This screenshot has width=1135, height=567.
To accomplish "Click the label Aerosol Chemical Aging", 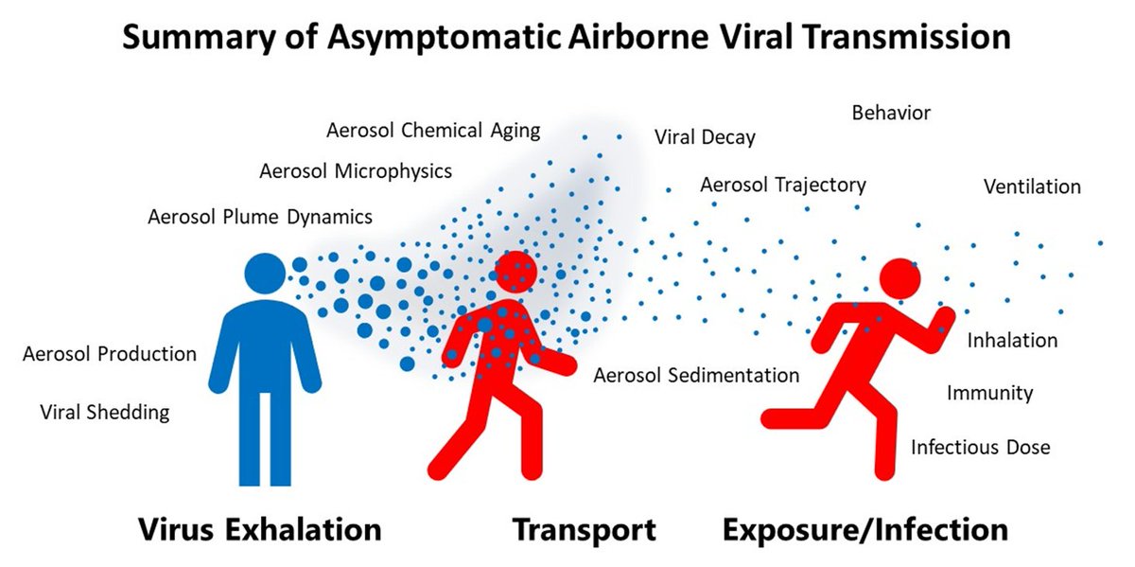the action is pos(433,131).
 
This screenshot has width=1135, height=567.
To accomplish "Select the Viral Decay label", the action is pos(705,137).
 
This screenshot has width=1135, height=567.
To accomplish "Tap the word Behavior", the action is pos(891,114).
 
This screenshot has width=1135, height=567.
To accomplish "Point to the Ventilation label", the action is pos(1032,186).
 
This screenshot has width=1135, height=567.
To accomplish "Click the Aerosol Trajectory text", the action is pos(782,185).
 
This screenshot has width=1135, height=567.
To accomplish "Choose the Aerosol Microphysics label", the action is pos(356,171).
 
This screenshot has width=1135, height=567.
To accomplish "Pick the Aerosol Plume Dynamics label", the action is pos(260,217).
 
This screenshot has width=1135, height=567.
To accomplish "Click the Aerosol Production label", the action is pos(110,354).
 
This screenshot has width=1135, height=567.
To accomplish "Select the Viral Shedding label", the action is pos(105,412).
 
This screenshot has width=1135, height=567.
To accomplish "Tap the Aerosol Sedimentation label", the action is pos(696,375).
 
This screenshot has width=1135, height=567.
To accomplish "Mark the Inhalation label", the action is pos(1012,340).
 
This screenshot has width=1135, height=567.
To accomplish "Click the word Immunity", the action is pos(989,392).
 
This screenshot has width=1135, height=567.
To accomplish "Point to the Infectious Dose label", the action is pos(980,446).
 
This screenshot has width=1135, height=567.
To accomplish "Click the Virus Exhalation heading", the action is pos(260,528).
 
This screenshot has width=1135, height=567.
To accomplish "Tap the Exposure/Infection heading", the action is pos(864,528).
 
